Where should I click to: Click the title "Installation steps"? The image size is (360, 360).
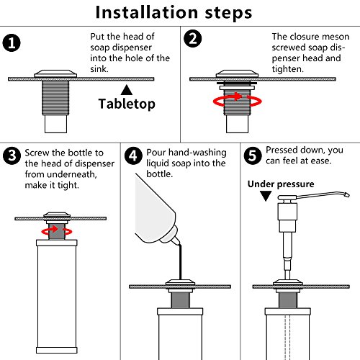click(x=174, y=12)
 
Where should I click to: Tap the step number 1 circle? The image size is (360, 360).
click(x=12, y=43)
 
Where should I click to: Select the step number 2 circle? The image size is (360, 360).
click(x=193, y=39)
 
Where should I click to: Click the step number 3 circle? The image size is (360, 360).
click(x=12, y=156)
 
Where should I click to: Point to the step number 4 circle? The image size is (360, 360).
click(x=133, y=156)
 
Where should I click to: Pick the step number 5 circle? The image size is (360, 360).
click(x=253, y=156)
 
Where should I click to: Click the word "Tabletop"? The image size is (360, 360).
click(x=127, y=104)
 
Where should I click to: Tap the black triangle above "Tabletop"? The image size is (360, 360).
click(x=127, y=90)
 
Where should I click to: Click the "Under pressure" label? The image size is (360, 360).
click(x=281, y=184)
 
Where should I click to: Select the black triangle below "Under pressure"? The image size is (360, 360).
click(x=266, y=195)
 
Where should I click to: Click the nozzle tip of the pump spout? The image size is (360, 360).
click(x=346, y=194)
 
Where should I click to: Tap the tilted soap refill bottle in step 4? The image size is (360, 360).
click(x=156, y=211)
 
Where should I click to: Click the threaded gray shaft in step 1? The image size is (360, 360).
click(x=55, y=97)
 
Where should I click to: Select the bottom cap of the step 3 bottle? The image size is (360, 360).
click(x=57, y=350)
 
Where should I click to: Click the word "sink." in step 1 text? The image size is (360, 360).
click(x=99, y=69)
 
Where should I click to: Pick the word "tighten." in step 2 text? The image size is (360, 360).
click(x=288, y=69)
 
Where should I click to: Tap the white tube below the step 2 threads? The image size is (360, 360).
click(x=237, y=124)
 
